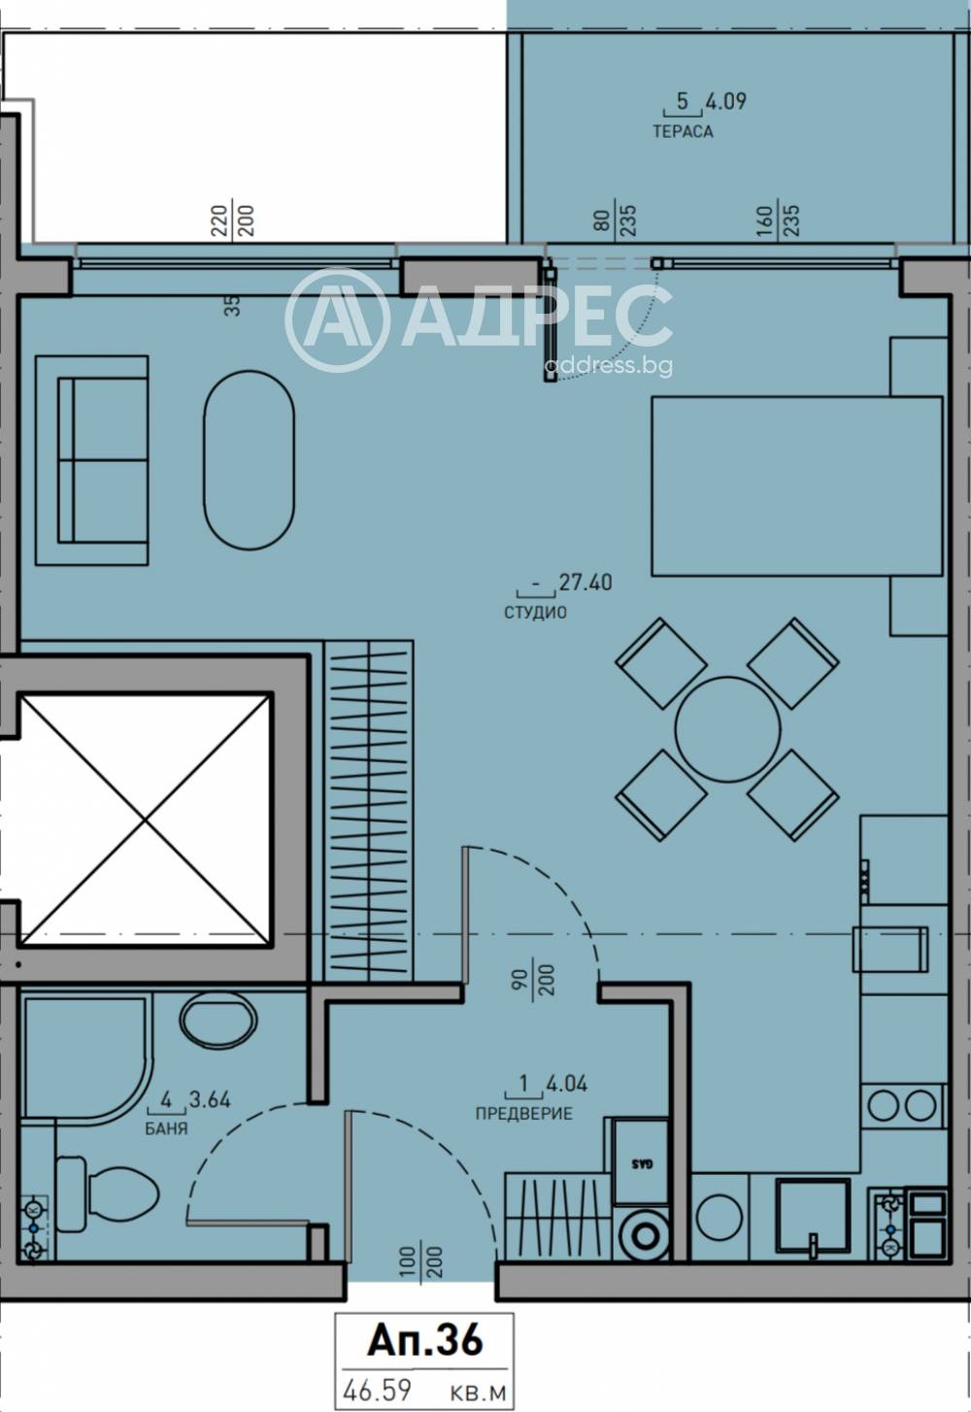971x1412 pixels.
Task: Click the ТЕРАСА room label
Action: click(x=683, y=131)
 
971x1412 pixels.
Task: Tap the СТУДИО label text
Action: click(x=536, y=612)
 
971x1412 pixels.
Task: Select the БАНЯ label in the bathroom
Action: click(x=166, y=1128)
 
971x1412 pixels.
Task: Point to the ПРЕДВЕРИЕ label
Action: click(x=524, y=1113)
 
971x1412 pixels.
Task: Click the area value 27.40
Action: click(x=586, y=582)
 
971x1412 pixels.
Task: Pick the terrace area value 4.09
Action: click(x=726, y=101)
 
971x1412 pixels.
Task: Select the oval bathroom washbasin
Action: click(x=218, y=1021)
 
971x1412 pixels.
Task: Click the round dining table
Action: click(x=728, y=729)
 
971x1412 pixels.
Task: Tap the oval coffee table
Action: click(x=249, y=460)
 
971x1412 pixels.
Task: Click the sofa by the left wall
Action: click(x=92, y=460)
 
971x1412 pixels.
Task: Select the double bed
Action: click(x=797, y=486)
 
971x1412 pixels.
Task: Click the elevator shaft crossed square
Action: click(x=147, y=820)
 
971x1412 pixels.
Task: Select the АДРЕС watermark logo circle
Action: click(x=337, y=319)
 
